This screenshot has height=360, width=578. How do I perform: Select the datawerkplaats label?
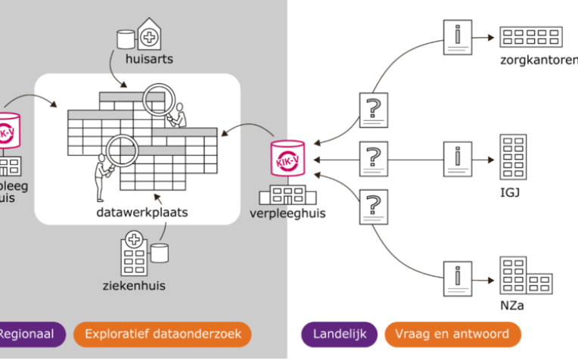142,213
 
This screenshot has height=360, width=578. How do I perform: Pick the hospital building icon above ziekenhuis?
134,255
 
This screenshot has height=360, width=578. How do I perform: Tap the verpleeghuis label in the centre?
287,213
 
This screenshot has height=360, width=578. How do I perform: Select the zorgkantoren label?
538,60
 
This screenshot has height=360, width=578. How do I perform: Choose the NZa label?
511,306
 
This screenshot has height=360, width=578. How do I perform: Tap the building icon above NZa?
524,276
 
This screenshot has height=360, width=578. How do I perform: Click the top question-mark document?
372,110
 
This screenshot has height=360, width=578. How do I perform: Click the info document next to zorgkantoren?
457,36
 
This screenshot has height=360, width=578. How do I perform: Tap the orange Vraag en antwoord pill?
452,334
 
